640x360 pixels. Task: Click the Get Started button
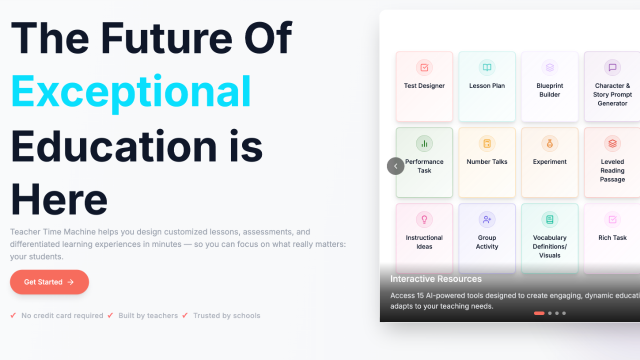click(x=49, y=282)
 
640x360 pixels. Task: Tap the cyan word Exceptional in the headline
click(x=131, y=91)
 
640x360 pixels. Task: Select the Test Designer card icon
click(x=424, y=67)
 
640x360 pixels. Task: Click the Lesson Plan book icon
click(x=487, y=67)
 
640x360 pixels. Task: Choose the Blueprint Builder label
click(x=549, y=90)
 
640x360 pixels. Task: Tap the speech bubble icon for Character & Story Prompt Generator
click(x=612, y=67)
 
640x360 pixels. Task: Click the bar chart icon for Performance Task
click(x=424, y=143)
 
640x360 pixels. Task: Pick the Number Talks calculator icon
click(x=487, y=143)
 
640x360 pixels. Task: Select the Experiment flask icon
click(x=549, y=143)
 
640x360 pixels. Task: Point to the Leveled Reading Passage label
click(x=612, y=170)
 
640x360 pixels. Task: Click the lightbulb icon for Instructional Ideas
click(x=424, y=219)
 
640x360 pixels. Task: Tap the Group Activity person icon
click(x=487, y=219)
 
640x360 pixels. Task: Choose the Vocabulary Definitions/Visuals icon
click(x=549, y=219)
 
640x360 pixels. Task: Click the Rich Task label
click(x=612, y=237)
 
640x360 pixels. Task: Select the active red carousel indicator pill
click(x=539, y=313)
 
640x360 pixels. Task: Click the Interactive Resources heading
click(x=436, y=279)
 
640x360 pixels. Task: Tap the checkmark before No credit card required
click(x=13, y=315)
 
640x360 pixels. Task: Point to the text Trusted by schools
click(x=227, y=315)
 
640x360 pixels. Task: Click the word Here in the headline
click(x=59, y=199)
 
